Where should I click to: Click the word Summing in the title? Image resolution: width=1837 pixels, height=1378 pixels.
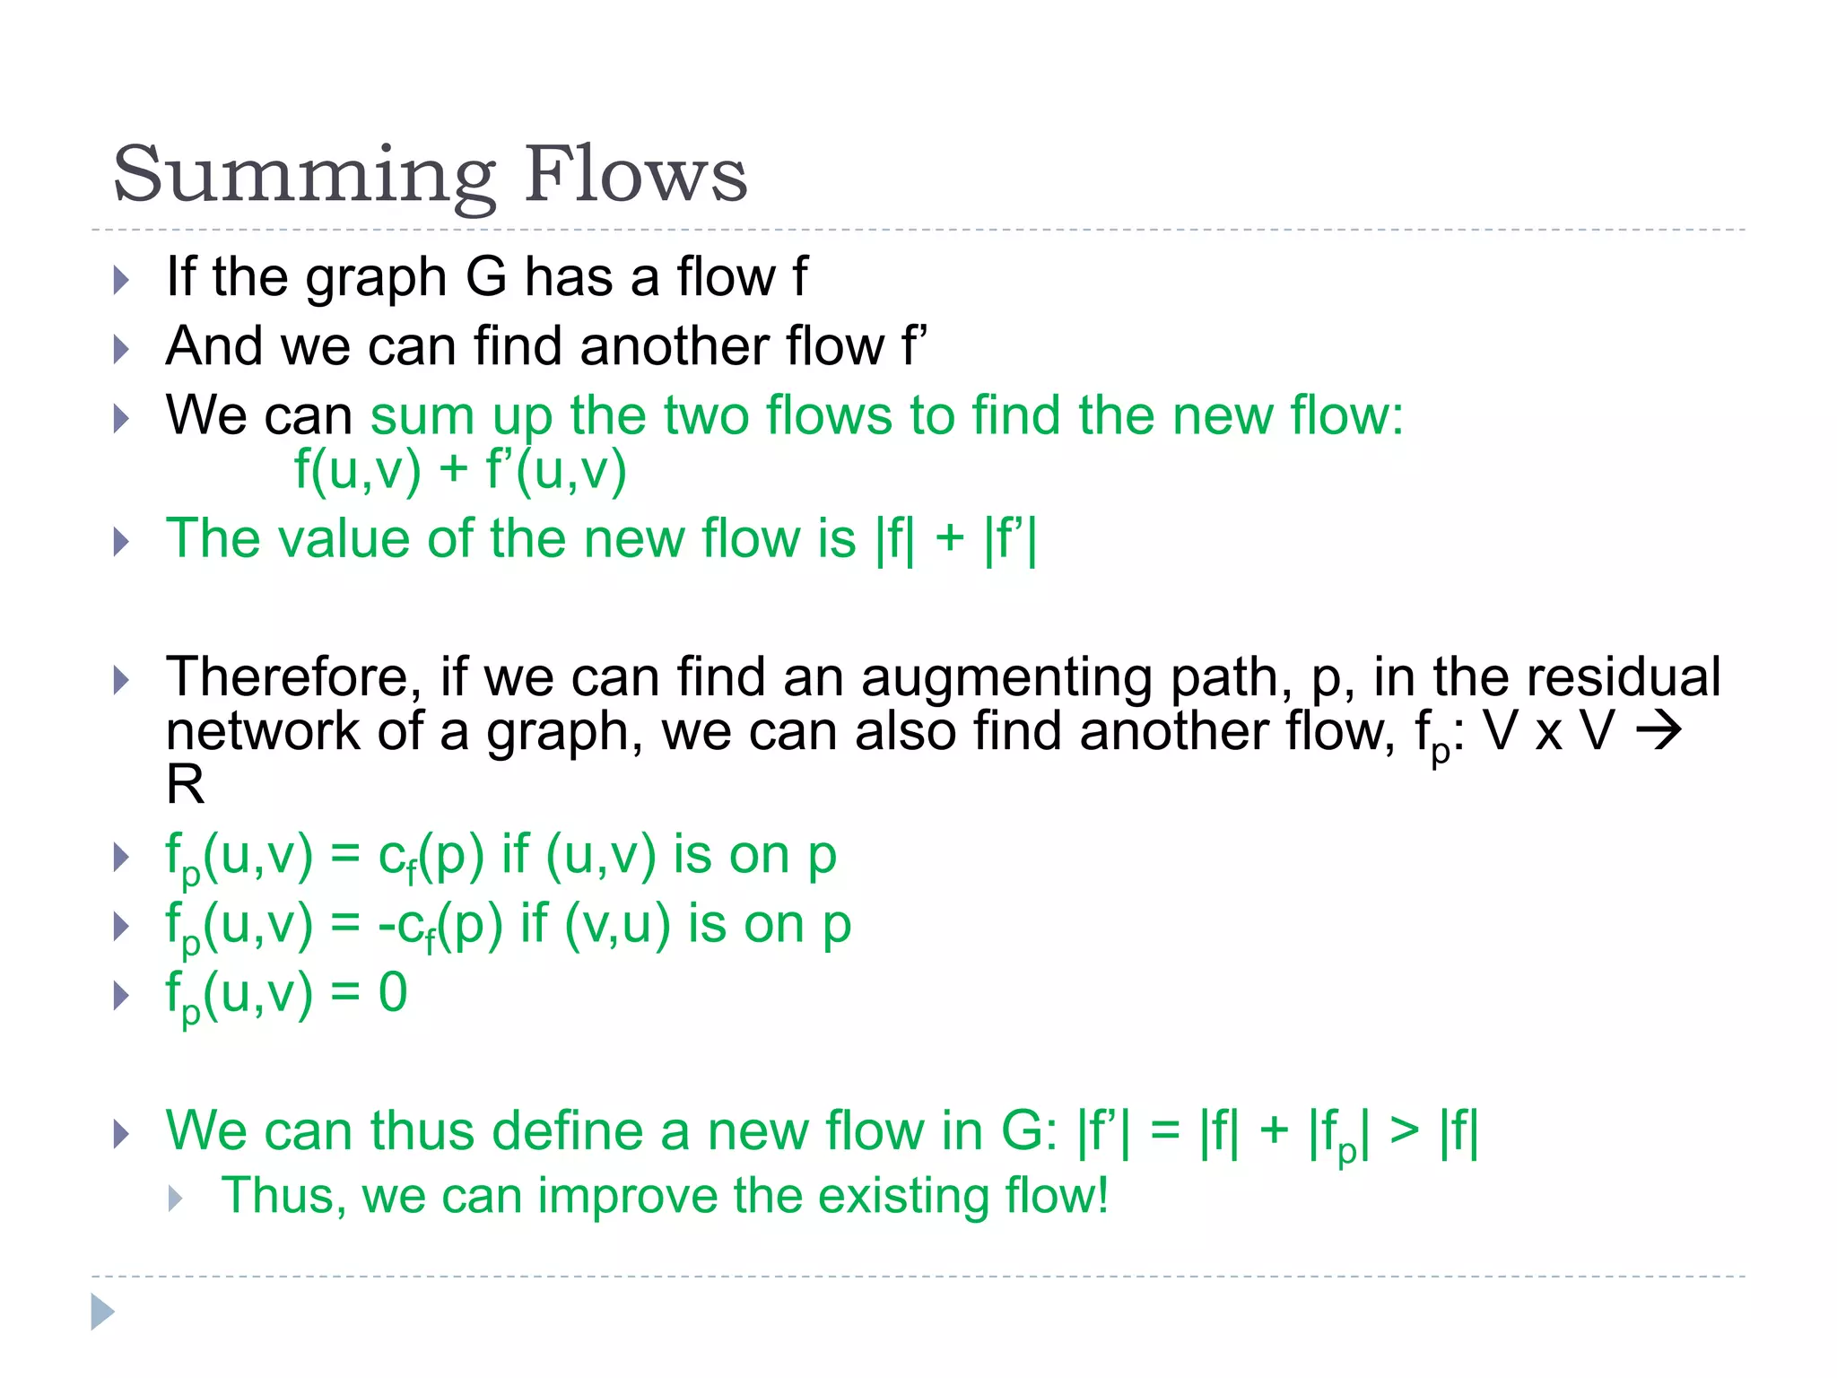click(304, 175)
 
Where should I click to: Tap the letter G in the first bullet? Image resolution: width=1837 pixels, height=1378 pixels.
click(487, 277)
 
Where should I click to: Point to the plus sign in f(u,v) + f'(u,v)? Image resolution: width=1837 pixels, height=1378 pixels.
click(454, 469)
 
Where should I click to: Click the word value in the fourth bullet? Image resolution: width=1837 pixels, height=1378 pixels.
click(344, 539)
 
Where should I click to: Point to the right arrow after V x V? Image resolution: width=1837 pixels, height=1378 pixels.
click(1659, 731)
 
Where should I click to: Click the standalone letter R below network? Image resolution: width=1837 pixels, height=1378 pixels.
click(185, 785)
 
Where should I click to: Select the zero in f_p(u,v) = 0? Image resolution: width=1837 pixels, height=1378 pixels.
click(393, 993)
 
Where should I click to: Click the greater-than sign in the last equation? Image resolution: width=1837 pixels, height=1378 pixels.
click(1405, 1131)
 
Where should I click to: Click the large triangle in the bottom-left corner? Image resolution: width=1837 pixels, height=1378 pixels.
click(102, 1313)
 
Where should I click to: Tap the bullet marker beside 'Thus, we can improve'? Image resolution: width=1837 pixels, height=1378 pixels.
click(176, 1199)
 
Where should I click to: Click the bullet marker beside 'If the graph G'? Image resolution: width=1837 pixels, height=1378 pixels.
click(122, 280)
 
